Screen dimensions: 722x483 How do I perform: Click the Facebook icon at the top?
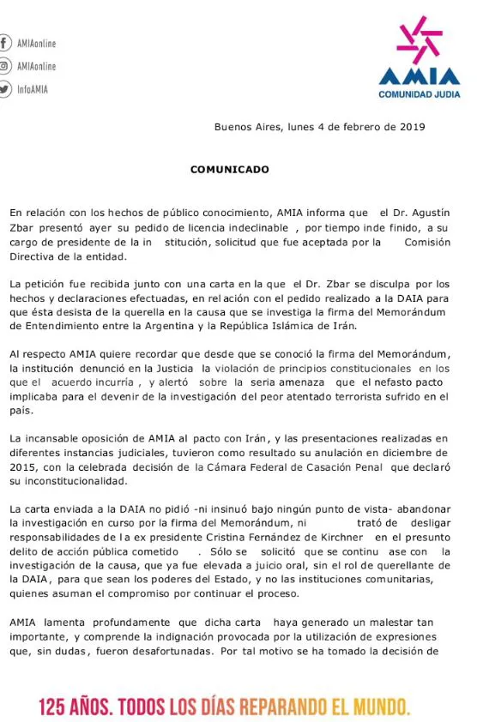point(4,43)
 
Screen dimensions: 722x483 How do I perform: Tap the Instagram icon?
point(4,66)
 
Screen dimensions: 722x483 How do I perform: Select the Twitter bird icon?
point(4,89)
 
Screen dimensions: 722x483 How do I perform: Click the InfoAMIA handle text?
point(33,89)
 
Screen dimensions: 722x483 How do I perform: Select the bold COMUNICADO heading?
point(229,169)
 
